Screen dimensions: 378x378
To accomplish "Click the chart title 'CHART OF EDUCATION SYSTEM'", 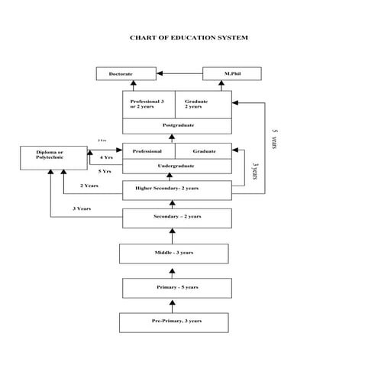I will click(x=189, y=37).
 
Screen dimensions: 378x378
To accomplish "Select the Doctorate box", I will click(x=122, y=74).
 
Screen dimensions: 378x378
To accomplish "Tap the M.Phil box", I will click(x=231, y=74).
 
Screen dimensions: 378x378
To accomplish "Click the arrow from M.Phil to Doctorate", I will click(x=176, y=74).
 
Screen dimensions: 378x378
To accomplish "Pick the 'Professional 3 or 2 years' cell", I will click(x=148, y=103).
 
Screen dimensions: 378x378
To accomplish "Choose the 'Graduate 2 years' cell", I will click(x=202, y=103).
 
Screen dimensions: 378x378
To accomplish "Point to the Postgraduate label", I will click(x=176, y=124).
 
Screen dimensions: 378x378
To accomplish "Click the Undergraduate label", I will click(x=176, y=166).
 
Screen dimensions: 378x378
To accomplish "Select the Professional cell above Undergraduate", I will click(x=148, y=151).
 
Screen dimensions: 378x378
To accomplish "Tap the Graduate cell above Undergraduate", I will click(x=203, y=151).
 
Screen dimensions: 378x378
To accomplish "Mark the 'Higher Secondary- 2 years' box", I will click(x=176, y=189).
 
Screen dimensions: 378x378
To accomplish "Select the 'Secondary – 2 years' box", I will click(x=176, y=218).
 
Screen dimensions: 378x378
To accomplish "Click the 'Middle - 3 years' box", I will click(x=174, y=253).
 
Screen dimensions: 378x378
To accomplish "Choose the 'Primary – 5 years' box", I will click(x=176, y=288).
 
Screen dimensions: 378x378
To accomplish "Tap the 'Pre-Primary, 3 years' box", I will click(x=176, y=321).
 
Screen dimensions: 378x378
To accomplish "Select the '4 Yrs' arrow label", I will click(x=106, y=157).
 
